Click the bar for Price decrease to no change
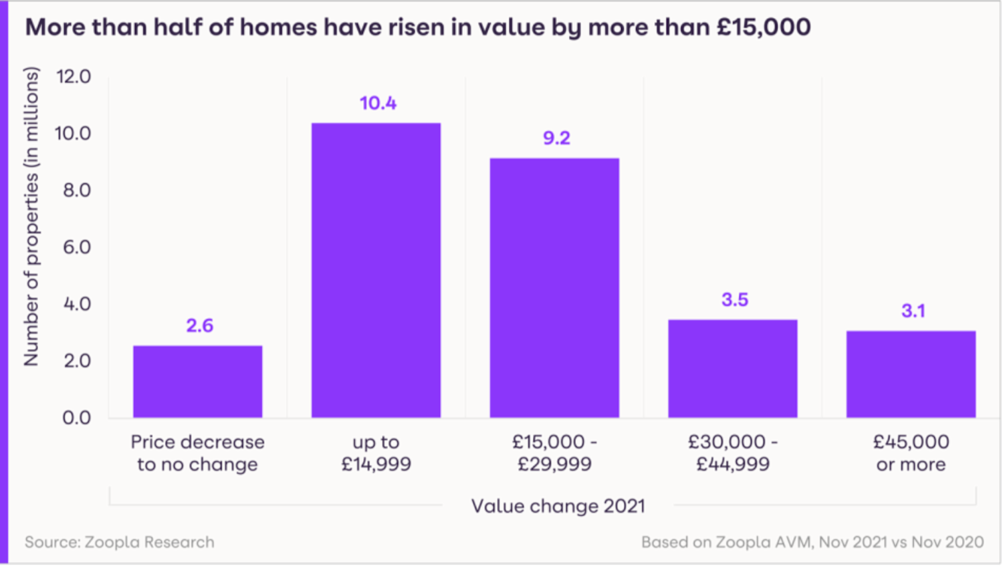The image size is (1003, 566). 197,382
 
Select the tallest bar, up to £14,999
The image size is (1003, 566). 376,271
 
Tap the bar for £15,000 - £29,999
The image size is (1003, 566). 554,288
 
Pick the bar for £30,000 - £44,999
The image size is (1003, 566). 732,369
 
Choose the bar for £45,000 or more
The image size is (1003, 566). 911,374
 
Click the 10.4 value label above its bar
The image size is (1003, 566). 378,103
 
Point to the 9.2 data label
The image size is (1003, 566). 556,138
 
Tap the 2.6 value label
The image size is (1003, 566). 199,325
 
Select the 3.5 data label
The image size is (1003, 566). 734,299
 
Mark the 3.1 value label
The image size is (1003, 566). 913,311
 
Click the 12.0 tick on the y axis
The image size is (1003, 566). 74,76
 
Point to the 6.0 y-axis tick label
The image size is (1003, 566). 76,247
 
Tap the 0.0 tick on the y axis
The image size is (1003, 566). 76,418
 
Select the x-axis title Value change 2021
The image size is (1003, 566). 558,506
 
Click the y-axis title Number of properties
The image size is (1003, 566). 31,217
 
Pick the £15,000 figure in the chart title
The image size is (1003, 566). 763,27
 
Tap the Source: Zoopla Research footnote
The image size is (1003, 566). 120,542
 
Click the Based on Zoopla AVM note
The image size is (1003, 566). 812,542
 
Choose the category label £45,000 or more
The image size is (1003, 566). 911,453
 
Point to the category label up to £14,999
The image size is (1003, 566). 376,453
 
